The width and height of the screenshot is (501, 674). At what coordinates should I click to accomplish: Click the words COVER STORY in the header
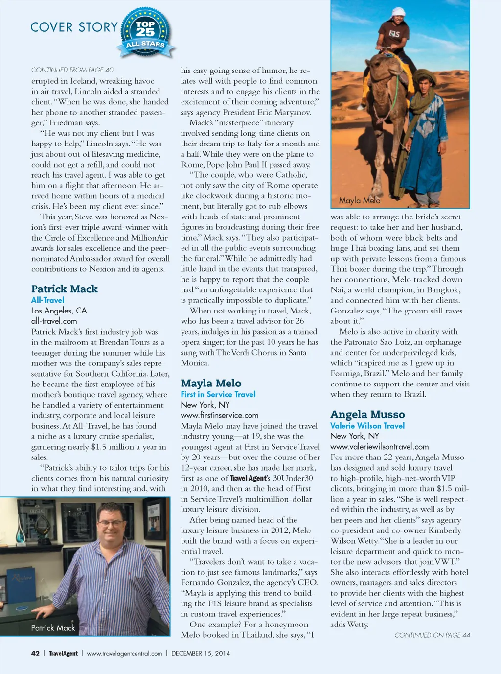click(74, 27)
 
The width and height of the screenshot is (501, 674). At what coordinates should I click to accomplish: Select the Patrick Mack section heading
click(65, 289)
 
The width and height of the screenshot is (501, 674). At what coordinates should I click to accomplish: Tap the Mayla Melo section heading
click(211, 383)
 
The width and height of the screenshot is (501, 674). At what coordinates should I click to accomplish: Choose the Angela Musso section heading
click(367, 414)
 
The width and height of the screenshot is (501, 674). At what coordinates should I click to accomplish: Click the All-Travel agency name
click(47, 300)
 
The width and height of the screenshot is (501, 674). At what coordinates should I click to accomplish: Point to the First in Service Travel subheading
click(218, 394)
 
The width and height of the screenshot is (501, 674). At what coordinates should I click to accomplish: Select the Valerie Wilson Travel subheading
click(367, 426)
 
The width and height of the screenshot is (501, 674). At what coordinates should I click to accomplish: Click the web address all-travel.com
click(54, 321)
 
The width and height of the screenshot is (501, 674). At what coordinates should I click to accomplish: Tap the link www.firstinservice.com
click(220, 415)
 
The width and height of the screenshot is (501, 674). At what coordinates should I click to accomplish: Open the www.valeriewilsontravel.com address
click(379, 447)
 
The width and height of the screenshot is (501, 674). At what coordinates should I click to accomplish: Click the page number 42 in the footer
click(35, 653)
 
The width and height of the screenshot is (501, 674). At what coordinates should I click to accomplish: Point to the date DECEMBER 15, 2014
click(201, 653)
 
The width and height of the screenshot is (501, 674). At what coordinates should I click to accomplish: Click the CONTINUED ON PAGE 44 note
click(432, 635)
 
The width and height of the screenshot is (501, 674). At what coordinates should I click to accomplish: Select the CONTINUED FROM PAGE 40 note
click(72, 70)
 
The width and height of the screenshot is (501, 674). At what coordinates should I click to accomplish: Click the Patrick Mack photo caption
click(53, 628)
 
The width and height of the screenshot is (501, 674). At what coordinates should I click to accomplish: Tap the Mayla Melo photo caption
click(360, 200)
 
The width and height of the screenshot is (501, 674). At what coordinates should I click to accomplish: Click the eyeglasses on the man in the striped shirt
click(112, 523)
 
